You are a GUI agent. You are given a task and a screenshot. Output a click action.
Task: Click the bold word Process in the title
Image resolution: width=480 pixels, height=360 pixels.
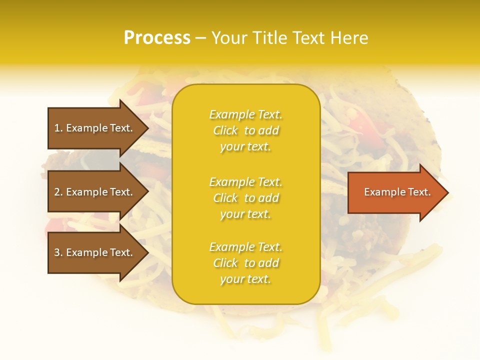pos(157,38)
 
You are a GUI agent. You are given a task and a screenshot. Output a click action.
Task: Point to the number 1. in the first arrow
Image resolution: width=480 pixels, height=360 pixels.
pos(58,128)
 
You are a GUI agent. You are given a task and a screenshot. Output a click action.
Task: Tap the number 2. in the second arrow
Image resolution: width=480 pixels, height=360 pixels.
pos(58,192)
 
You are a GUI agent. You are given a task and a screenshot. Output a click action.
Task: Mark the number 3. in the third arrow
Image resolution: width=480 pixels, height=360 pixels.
pos(58,252)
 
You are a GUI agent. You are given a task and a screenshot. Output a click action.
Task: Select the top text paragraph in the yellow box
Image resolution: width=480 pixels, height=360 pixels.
pos(245,130)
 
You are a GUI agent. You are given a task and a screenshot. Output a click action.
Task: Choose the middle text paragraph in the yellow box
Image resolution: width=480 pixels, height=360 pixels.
pos(245,198)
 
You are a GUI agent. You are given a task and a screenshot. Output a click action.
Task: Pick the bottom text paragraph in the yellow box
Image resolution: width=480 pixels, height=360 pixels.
pos(245,263)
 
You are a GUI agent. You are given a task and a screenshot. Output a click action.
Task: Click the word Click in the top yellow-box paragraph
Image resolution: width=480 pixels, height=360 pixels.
pos(225,130)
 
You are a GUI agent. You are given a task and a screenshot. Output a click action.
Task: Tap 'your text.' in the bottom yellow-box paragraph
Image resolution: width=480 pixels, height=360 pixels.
pos(245,279)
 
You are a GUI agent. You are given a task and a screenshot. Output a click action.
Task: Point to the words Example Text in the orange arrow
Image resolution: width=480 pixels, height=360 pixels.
pos(397,192)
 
